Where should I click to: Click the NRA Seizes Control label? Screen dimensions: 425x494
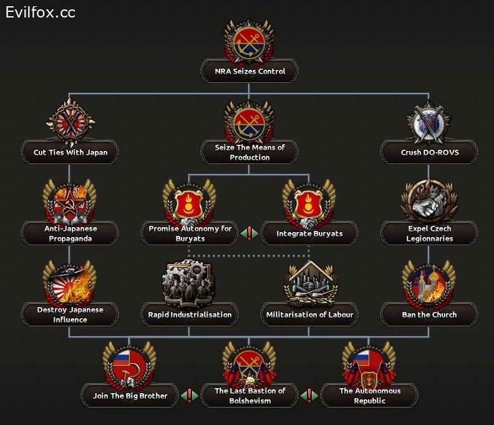pos(249,71)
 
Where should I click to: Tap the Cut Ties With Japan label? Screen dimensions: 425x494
pos(70,152)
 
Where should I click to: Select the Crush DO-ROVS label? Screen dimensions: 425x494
pos(429,152)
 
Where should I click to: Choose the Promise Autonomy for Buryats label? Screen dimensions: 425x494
pos(190,233)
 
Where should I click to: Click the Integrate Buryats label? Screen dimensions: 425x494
pos(309,233)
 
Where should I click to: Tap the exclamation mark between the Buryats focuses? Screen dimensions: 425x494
pos(249,233)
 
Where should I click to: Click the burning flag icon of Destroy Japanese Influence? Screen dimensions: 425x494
pos(69,282)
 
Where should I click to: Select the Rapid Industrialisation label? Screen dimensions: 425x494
pos(190,315)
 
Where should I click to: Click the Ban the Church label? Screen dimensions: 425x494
pos(429,315)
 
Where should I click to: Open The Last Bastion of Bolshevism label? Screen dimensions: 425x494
pos(249,396)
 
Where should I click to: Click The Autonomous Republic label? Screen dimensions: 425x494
pos(369,396)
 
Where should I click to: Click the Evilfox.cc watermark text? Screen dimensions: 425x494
pos(41,12)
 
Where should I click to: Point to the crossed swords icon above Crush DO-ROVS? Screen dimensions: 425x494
pos(429,122)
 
